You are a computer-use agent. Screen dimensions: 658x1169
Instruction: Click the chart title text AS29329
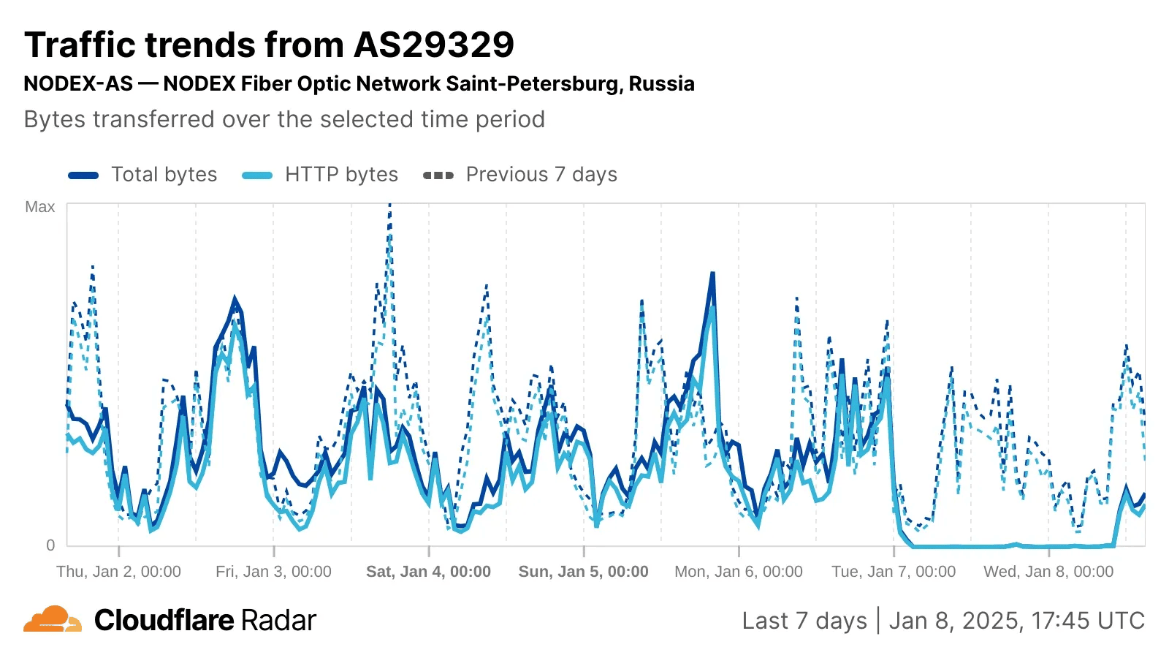pos(434,45)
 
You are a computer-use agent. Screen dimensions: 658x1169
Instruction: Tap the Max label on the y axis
pos(40,207)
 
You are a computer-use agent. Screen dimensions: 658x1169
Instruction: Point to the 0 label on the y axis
pos(50,545)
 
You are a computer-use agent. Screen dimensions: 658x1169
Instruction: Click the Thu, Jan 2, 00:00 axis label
pos(118,572)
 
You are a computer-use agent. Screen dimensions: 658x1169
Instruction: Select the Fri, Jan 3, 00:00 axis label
pos(273,572)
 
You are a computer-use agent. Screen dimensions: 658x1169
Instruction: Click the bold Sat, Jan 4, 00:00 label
pos(428,572)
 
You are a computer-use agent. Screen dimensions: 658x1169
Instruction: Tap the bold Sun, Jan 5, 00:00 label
pos(583,572)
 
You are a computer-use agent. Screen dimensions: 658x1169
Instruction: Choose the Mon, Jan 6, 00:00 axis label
pos(738,572)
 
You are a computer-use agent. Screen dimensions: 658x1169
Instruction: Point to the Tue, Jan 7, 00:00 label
pos(893,572)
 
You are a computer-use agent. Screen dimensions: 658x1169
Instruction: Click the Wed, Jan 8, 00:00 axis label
pos(1048,572)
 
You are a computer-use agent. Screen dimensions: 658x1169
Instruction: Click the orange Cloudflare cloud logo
pos(52,619)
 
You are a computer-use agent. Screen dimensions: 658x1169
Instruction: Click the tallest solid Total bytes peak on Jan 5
pos(712,274)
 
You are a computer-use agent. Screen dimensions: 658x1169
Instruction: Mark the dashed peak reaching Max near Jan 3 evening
pos(389,206)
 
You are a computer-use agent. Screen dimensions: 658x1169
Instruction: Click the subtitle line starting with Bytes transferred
pos(284,119)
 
